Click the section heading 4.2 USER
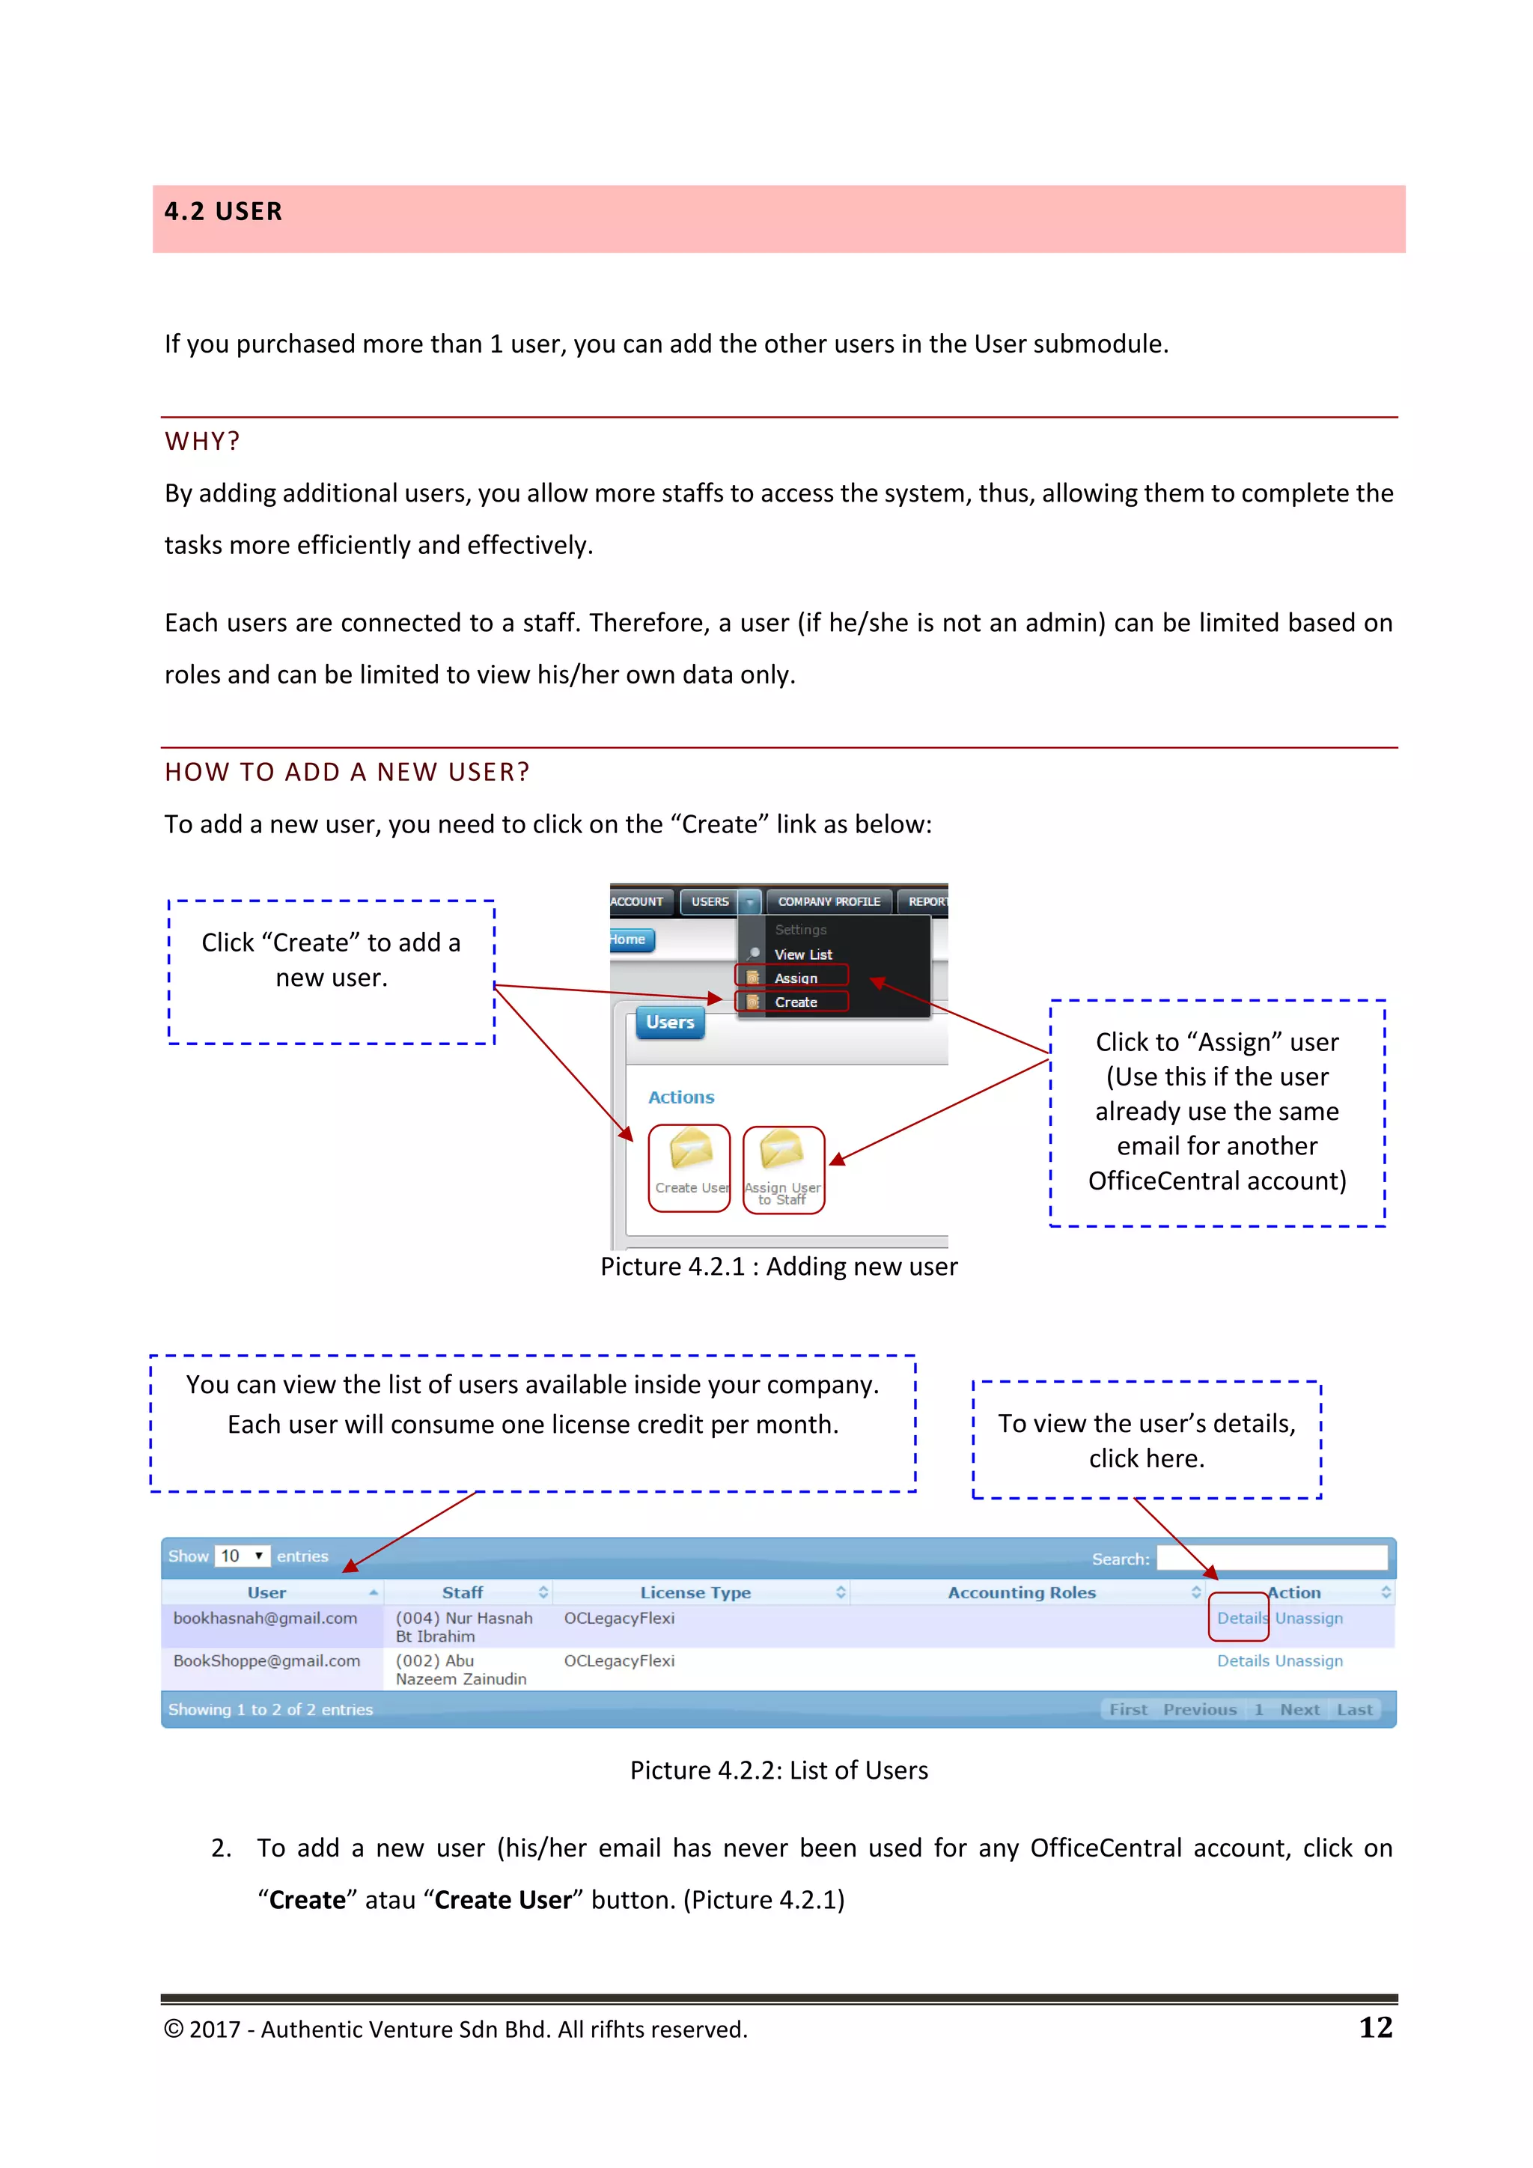[x=224, y=212]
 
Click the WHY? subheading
[x=202, y=441]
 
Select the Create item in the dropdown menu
[x=796, y=1002]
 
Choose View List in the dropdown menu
[x=802, y=954]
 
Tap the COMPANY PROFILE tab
[x=828, y=902]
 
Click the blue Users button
[x=670, y=1023]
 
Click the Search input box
[x=1272, y=1557]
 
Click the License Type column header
[x=695, y=1592]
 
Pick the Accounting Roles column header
[x=1021, y=1592]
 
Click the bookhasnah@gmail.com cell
[x=265, y=1618]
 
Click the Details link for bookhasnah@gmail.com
[x=1241, y=1618]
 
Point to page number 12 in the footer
[x=1375, y=2027]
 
